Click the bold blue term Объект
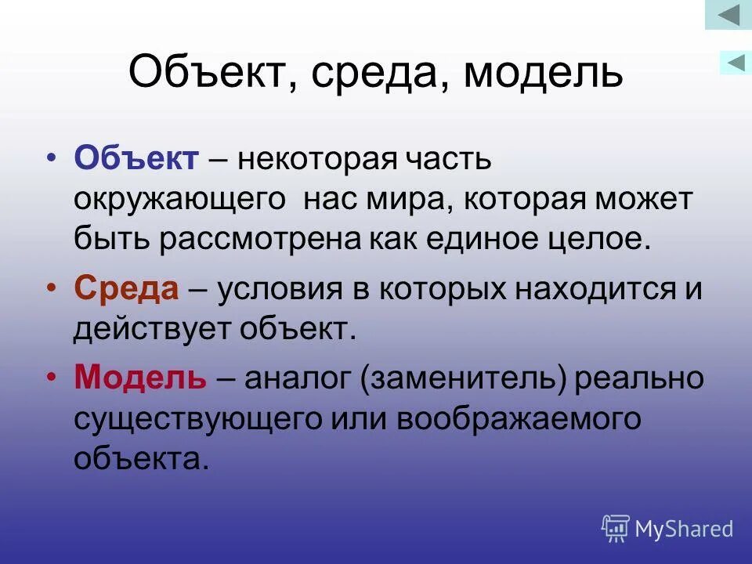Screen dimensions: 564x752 pyautogui.click(x=136, y=159)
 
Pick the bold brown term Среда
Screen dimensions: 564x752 pyautogui.click(x=127, y=290)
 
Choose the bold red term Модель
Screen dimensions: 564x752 pyautogui.click(x=140, y=379)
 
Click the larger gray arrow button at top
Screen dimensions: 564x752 pyautogui.click(x=728, y=15)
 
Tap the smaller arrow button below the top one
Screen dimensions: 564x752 pyautogui.click(x=736, y=62)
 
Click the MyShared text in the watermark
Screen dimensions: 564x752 pyautogui.click(x=684, y=530)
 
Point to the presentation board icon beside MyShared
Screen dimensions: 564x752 pyautogui.click(x=616, y=529)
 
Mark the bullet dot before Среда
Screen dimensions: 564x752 pyautogui.click(x=52, y=290)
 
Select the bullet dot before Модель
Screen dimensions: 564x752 pyautogui.click(x=52, y=379)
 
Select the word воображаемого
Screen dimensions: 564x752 pyautogui.click(x=518, y=419)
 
